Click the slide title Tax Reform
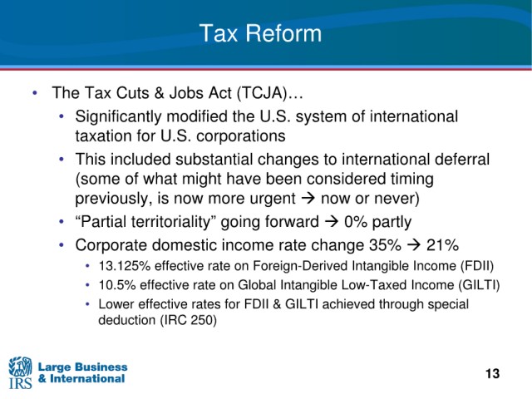[x=260, y=33]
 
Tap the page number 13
[x=492, y=373]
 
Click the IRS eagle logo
[x=20, y=372]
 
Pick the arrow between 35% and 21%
[x=414, y=245]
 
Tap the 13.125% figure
[x=125, y=266]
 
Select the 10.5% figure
[x=117, y=285]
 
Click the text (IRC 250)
[x=188, y=320]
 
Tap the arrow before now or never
[x=308, y=199]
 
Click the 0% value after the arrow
[x=356, y=222]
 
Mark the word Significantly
[x=118, y=117]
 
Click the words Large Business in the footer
[x=83, y=367]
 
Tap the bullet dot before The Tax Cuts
[x=35, y=93]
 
